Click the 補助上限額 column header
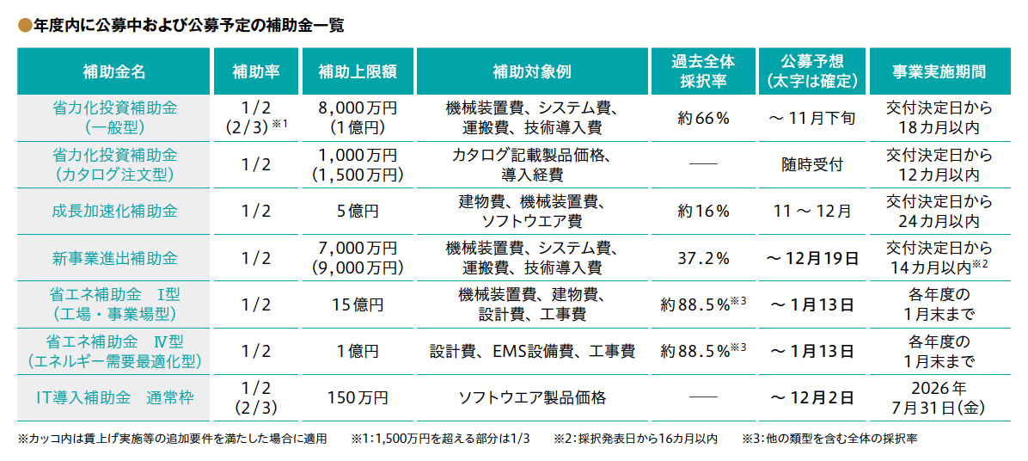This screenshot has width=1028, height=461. pos(358,71)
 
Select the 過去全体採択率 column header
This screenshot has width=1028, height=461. pos(703,71)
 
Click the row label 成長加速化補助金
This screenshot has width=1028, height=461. pos(114,211)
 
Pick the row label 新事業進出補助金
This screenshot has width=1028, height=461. pos(114,258)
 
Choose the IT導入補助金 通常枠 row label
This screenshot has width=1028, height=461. pos(114,398)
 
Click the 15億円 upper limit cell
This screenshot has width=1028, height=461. pos(358,304)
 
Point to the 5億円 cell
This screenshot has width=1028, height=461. pos(358,211)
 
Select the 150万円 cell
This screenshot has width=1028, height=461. pos(358,398)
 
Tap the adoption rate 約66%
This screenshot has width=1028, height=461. pos(703,118)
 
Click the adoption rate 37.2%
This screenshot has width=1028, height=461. pos(703,258)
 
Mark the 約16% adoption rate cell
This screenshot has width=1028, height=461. pos(703,211)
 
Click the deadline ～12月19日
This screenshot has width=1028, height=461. pos(811,258)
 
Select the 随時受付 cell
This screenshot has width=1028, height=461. pos(811,164)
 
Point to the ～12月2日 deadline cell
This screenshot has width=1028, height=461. pos(811,398)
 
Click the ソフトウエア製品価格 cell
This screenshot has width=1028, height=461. pos(531,398)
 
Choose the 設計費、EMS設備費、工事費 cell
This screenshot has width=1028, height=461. pos(531,351)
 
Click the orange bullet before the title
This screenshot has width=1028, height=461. pos(24,27)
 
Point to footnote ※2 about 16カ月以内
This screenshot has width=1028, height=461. pos(635,439)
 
